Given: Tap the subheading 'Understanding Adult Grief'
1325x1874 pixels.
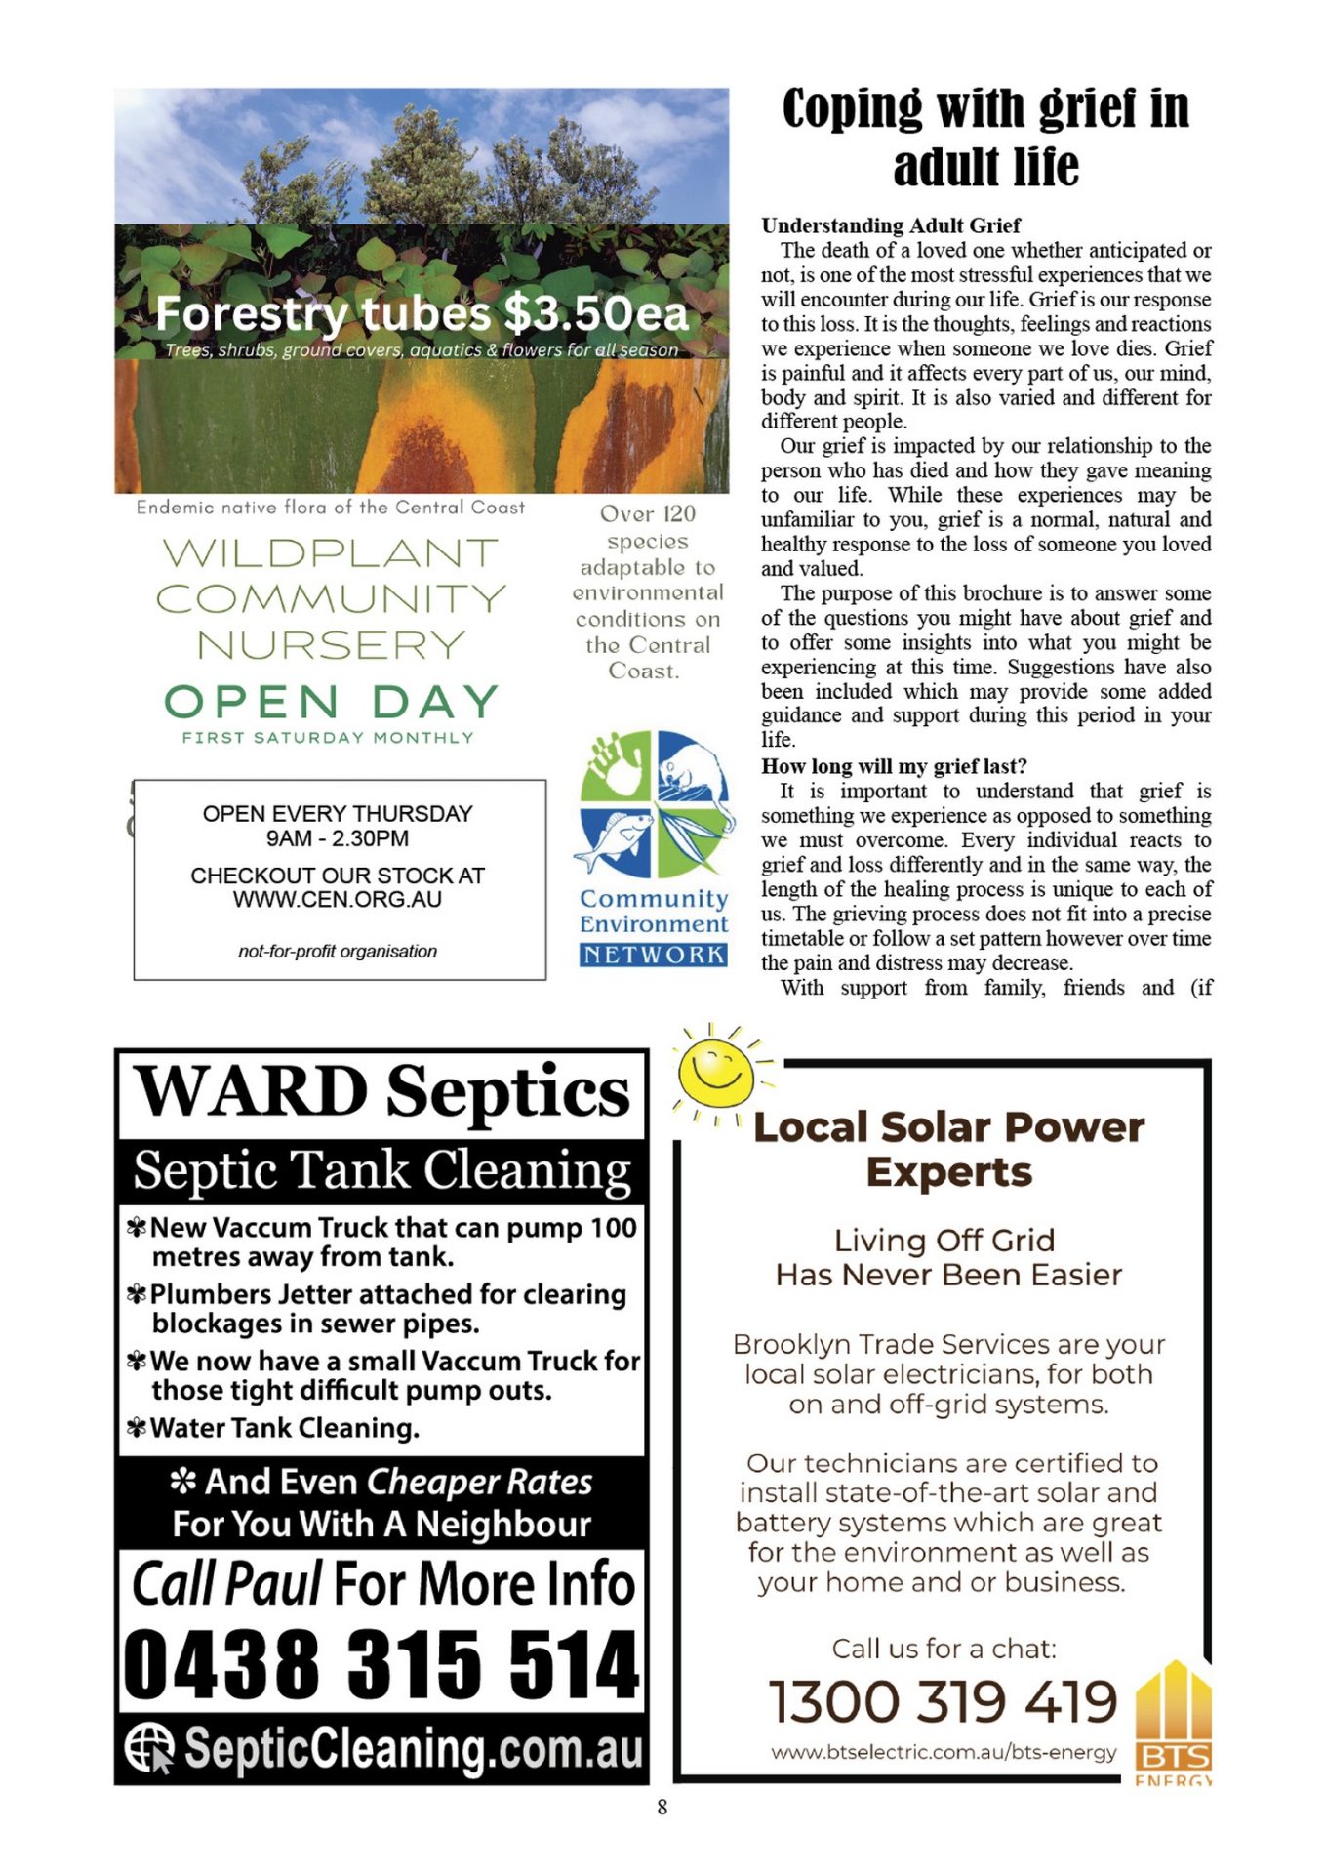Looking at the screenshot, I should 890,225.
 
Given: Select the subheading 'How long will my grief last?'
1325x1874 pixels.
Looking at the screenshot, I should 894,766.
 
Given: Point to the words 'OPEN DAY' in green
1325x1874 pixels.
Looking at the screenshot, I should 331,702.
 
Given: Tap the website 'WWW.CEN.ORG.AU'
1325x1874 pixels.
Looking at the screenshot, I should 337,899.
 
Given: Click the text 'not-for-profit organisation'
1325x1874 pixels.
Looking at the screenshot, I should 337,951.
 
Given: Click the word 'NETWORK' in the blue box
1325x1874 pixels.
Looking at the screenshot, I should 654,955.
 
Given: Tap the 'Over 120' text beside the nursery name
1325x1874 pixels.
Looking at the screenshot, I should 647,514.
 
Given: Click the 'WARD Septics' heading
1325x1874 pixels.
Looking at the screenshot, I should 381,1091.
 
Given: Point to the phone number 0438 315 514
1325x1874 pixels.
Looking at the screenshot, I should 381,1665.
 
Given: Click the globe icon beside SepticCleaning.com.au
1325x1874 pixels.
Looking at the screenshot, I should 149,1747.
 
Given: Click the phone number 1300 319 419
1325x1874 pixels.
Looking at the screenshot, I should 943,1701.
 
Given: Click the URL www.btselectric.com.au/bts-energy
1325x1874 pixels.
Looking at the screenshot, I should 944,1752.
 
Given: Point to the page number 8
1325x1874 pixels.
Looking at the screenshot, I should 662,1807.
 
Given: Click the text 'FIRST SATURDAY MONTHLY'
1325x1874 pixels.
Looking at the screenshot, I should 328,738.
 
